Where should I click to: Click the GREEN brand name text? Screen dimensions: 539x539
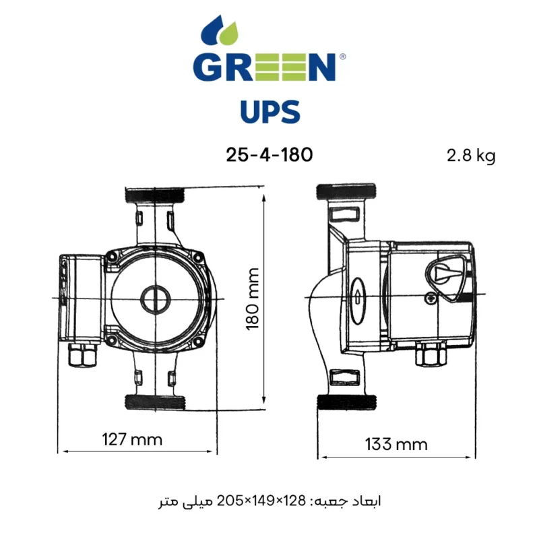pos(264,68)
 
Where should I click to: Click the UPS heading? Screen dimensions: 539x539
pos(269,112)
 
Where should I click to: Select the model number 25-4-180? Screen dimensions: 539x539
pos(269,155)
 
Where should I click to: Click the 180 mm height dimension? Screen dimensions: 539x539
pos(253,298)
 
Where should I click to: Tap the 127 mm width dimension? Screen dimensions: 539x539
pos(132,440)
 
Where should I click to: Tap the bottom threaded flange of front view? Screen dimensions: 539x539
pos(154,402)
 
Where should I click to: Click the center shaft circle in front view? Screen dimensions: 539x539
pos(154,298)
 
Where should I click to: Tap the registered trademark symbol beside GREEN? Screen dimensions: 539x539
pos(342,58)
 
